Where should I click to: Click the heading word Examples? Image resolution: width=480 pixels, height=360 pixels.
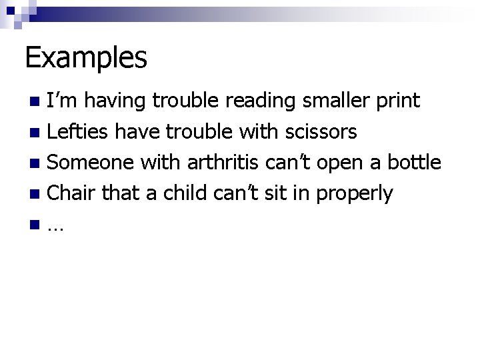pos(86,58)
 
